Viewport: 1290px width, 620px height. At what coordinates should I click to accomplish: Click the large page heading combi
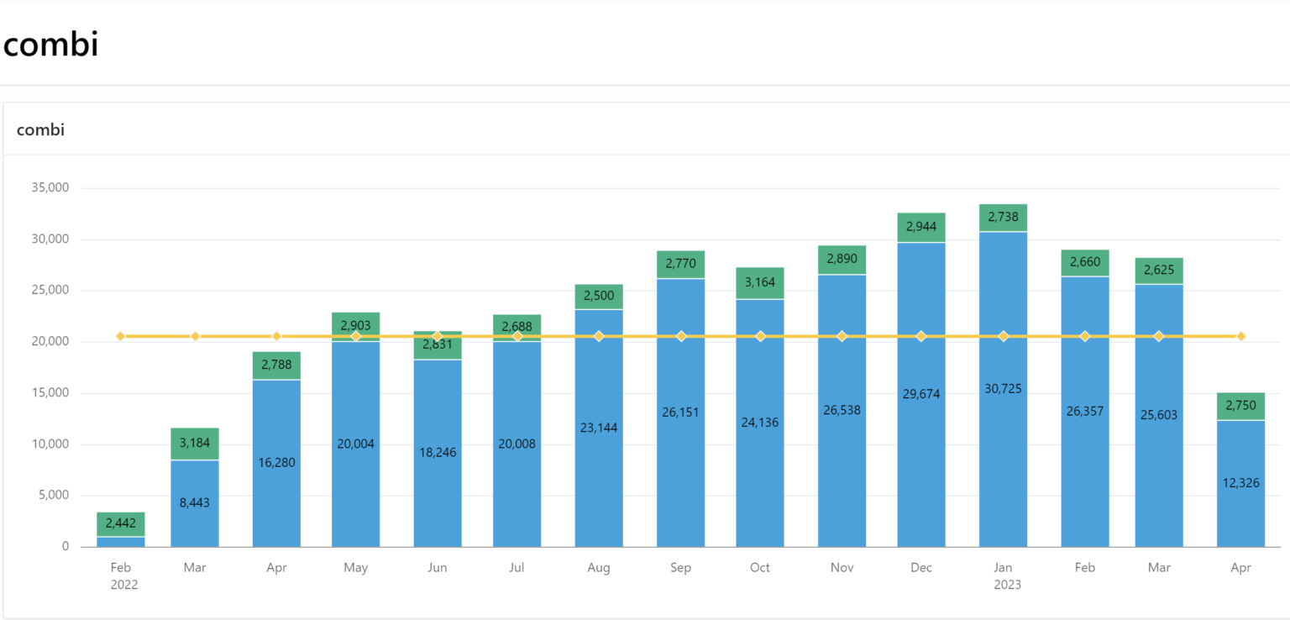click(x=50, y=44)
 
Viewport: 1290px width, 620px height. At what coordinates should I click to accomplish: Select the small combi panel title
click(x=40, y=129)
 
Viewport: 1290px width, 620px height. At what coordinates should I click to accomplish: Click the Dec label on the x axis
click(x=920, y=568)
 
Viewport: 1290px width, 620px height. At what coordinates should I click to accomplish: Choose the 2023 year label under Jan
click(x=1007, y=585)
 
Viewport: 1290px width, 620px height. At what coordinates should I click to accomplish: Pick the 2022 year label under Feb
click(x=123, y=585)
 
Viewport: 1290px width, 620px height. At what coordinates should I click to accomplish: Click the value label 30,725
click(x=1003, y=389)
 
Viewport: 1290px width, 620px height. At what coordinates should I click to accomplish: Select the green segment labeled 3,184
click(x=195, y=444)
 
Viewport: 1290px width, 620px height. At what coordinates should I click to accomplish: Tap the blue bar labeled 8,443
click(x=195, y=503)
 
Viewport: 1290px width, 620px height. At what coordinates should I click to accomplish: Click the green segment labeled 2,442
click(x=121, y=523)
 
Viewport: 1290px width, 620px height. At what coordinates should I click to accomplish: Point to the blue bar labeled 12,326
click(x=1240, y=483)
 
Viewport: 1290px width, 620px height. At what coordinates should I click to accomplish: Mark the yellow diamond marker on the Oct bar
click(x=760, y=336)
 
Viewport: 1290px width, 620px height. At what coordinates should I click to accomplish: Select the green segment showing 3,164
click(x=760, y=283)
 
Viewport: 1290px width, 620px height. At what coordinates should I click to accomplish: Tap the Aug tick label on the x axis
click(x=599, y=568)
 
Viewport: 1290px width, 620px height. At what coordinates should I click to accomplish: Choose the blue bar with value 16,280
click(x=276, y=463)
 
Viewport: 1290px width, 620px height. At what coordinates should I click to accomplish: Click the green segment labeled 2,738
click(x=1003, y=217)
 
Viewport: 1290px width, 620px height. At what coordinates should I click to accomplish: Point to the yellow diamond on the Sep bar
click(x=681, y=336)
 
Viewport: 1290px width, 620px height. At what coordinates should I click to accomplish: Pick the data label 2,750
click(x=1240, y=406)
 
